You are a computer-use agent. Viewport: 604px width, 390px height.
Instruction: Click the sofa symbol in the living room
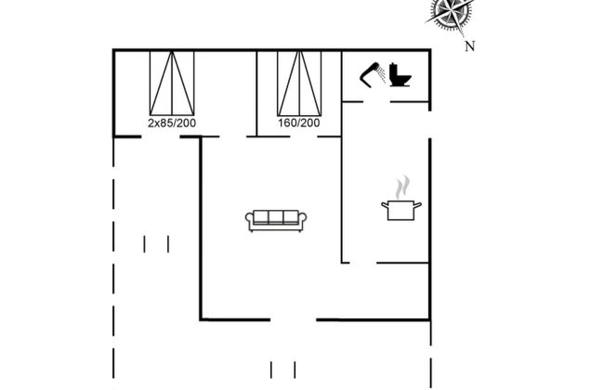(x=276, y=220)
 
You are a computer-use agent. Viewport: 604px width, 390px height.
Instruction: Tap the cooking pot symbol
(x=401, y=210)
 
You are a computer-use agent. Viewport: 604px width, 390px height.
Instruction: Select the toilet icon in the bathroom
(x=400, y=75)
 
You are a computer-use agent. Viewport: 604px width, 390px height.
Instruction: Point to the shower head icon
(x=373, y=72)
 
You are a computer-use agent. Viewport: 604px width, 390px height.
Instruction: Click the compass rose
(x=451, y=14)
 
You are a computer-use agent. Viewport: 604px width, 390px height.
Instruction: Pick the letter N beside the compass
(x=470, y=45)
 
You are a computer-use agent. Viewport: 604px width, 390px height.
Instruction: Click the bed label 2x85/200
(x=172, y=123)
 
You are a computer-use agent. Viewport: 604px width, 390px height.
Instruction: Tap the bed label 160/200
(x=298, y=123)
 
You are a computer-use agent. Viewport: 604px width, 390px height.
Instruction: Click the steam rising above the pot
(x=401, y=188)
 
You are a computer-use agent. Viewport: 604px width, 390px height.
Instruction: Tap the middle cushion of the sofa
(x=276, y=217)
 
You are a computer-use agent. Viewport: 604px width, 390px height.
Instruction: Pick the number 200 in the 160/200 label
(x=310, y=123)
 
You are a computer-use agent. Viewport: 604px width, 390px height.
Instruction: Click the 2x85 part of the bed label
(x=161, y=123)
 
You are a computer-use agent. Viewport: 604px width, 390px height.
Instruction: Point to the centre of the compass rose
(x=451, y=14)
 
